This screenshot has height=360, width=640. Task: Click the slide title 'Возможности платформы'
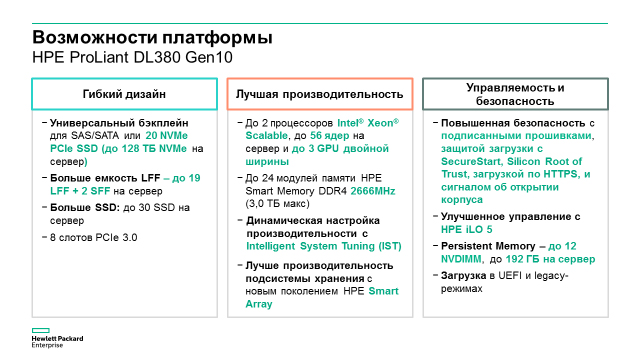click(152, 38)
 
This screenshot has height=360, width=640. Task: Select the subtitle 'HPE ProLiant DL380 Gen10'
click(132, 57)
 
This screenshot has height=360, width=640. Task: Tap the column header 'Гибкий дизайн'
click(124, 94)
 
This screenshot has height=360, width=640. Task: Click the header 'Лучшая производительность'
click(320, 94)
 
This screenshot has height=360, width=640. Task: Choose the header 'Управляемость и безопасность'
click(515, 94)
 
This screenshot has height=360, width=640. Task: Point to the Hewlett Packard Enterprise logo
click(57, 338)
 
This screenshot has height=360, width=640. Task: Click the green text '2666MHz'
click(373, 191)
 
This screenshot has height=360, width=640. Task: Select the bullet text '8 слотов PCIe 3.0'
click(93, 238)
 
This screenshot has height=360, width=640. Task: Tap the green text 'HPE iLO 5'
click(467, 229)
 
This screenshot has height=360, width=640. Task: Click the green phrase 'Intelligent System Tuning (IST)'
click(324, 246)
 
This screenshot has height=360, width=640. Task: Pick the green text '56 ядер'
click(329, 136)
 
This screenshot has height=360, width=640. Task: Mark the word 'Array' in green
click(259, 304)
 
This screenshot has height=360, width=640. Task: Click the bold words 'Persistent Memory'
click(488, 246)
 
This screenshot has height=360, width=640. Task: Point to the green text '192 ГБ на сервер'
click(550, 259)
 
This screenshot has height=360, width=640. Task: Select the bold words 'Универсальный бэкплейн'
click(119, 123)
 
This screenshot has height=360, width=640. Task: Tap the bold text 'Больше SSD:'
click(85, 208)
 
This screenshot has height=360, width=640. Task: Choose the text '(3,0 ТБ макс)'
click(278, 204)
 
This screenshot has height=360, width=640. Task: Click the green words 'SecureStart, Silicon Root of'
click(511, 162)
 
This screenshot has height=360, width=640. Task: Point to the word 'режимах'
click(462, 289)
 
